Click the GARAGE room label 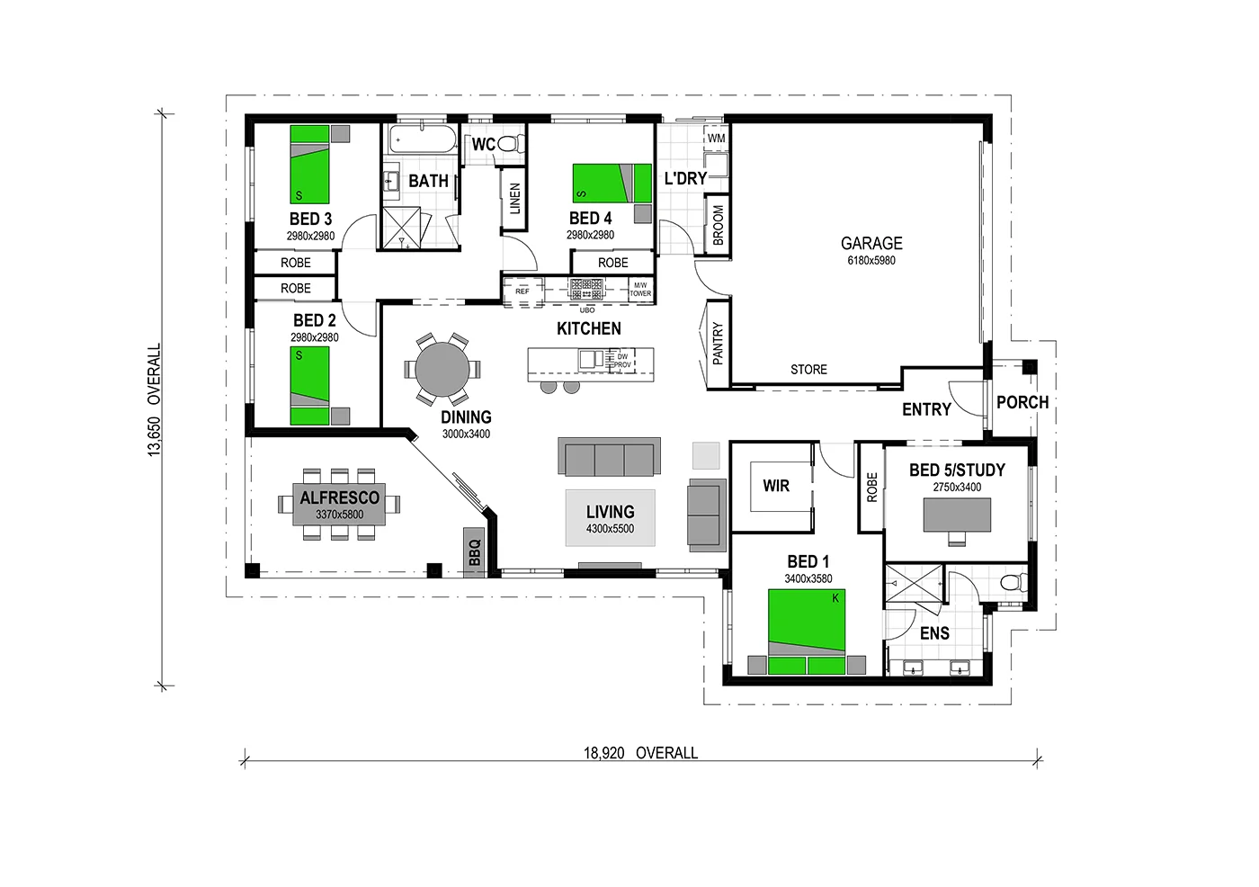pyautogui.click(x=871, y=243)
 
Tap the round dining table pyautogui.click(x=441, y=368)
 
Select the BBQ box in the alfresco pyautogui.click(x=475, y=551)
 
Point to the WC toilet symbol pyautogui.click(x=510, y=144)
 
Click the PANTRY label pyautogui.click(x=718, y=343)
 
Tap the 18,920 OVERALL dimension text pyautogui.click(x=640, y=753)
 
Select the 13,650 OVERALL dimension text pyautogui.click(x=155, y=399)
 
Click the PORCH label pyautogui.click(x=1022, y=402)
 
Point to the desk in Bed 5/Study pyautogui.click(x=958, y=514)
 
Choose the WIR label pyautogui.click(x=776, y=486)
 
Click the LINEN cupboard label pyautogui.click(x=515, y=199)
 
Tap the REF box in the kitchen pyautogui.click(x=522, y=291)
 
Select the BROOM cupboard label pyautogui.click(x=718, y=224)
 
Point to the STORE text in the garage pyautogui.click(x=808, y=370)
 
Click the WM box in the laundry pyautogui.click(x=716, y=139)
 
